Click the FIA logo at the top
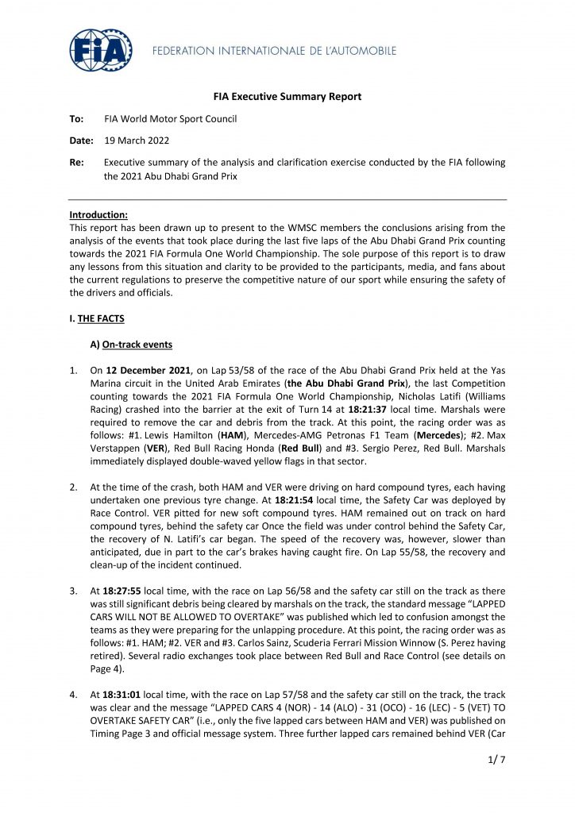tap(100, 50)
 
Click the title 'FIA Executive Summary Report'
tap(287, 97)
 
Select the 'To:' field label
tap(77, 119)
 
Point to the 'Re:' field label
tap(77, 162)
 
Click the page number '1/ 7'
tap(494, 782)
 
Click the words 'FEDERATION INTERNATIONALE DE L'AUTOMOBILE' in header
tap(274, 51)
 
